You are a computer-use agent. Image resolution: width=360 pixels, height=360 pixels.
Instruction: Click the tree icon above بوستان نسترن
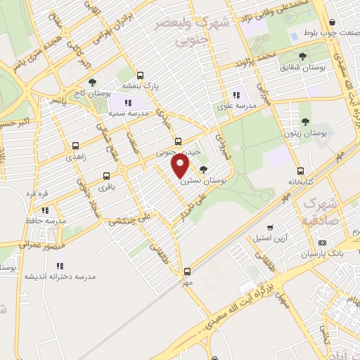[x=204, y=169]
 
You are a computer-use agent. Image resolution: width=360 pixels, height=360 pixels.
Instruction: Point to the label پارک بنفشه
[x=139, y=85]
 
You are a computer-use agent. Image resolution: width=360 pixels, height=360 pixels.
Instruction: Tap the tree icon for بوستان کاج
[x=92, y=84]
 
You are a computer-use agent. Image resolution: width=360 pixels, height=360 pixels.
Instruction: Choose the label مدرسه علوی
[x=235, y=107]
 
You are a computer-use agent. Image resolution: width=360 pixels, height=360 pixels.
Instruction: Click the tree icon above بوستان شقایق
[x=302, y=56]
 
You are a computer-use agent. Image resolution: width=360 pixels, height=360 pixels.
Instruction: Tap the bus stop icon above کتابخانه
[x=301, y=171]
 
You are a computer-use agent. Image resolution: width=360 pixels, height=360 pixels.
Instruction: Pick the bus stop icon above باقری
[x=106, y=176]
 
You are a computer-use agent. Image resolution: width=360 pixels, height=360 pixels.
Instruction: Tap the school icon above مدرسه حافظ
[x=46, y=210]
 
